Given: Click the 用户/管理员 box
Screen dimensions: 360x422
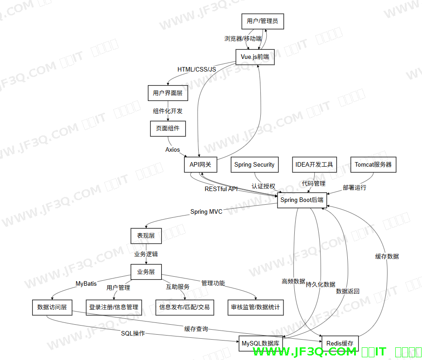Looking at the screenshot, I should (262, 21).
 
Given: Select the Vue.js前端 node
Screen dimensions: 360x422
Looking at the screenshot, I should (255, 57).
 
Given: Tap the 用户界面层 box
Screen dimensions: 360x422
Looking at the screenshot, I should (168, 93).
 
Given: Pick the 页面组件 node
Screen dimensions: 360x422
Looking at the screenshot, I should (168, 128).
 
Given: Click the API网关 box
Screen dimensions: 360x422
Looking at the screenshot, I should (201, 164).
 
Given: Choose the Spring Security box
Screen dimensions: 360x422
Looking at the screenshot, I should (254, 164).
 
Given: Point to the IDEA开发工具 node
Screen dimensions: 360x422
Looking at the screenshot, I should (314, 164).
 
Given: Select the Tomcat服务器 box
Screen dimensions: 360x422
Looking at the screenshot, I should (373, 164).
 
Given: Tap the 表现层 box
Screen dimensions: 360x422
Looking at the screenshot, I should (146, 235).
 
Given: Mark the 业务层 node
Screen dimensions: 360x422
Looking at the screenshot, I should (146, 272).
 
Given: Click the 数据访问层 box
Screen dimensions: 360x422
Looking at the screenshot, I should (52, 307).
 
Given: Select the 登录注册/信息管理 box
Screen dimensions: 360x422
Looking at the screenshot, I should (114, 307).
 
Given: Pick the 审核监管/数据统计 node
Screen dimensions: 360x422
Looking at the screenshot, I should (255, 307).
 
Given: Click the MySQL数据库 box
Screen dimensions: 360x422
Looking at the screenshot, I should (261, 343).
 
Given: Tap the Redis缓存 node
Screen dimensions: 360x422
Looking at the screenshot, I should (340, 343).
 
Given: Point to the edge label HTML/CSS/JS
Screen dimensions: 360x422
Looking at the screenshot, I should (197, 69).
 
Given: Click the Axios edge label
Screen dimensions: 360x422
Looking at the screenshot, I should (173, 149).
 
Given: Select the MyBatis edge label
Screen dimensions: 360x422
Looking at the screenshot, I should (86, 284).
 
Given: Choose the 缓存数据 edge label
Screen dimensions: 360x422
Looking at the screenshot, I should (387, 256).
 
